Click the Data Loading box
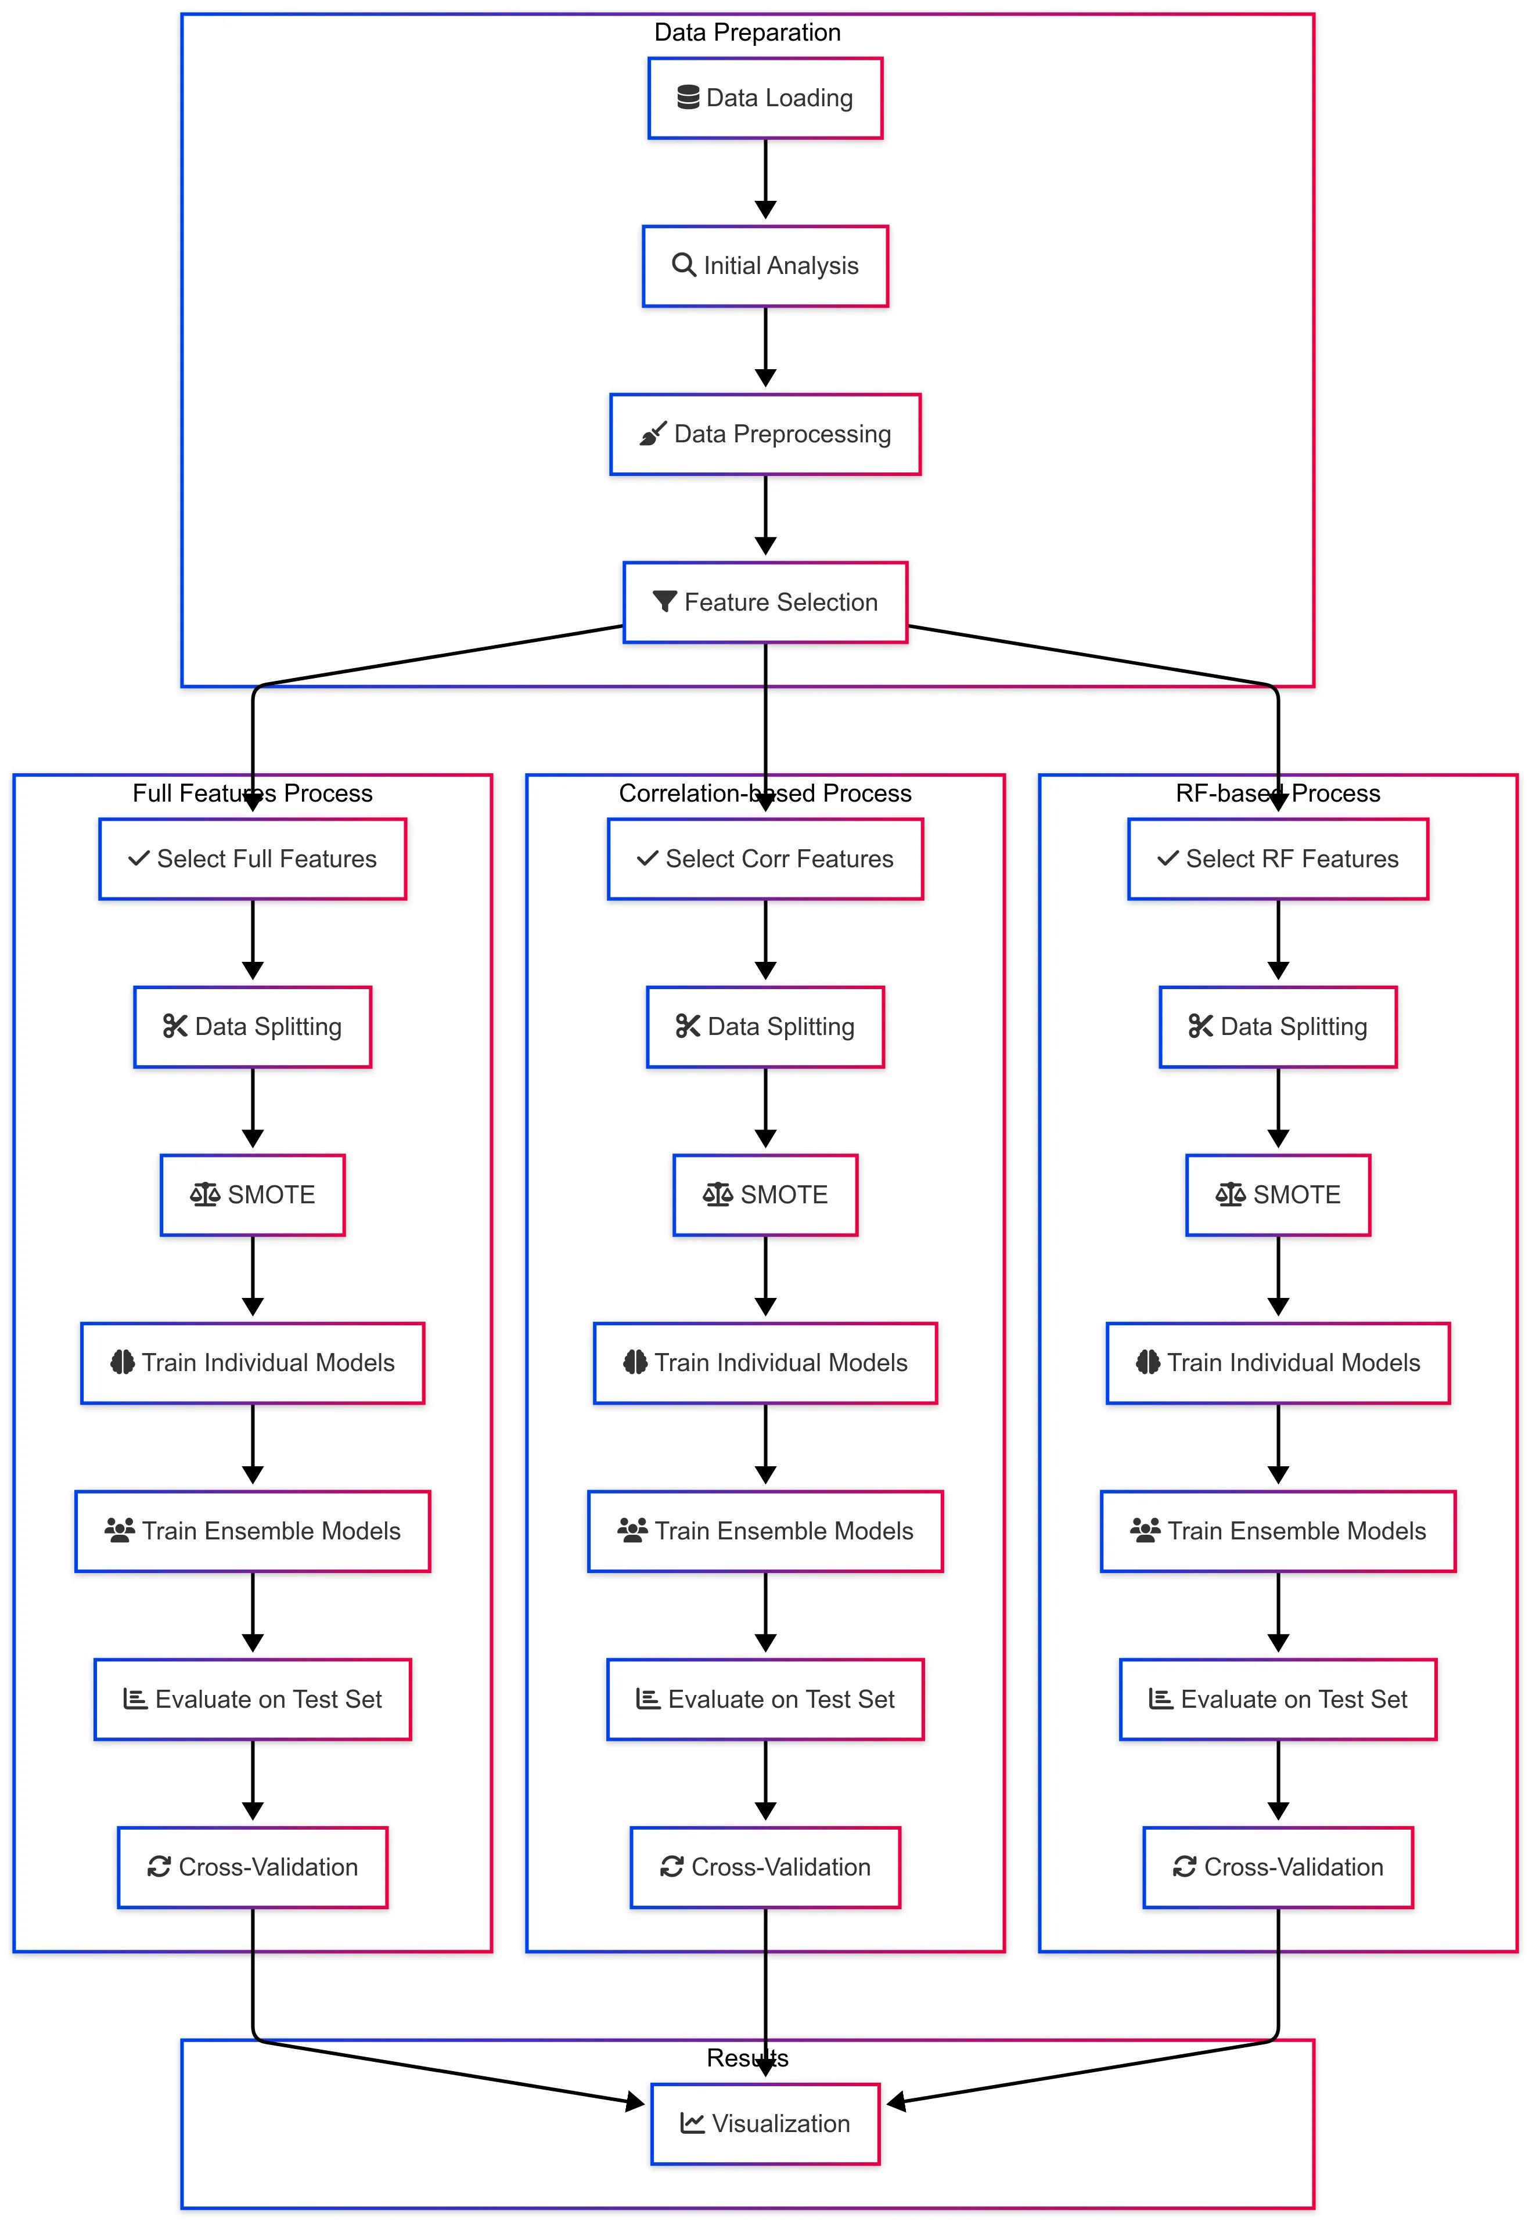tap(765, 98)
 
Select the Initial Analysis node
tap(765, 266)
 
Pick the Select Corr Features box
tap(765, 859)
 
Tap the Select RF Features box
tap(1278, 859)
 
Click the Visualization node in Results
tap(765, 2124)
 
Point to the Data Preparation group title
tap(748, 33)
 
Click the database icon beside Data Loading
tap(688, 97)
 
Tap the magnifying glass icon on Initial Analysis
tap(684, 265)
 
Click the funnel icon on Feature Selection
tap(664, 602)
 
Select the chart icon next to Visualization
tap(692, 2123)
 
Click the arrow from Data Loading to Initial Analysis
tap(765, 179)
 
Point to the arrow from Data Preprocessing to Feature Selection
tap(765, 515)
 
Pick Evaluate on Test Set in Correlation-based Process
tap(765, 1700)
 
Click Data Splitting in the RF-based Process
tap(1278, 1027)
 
